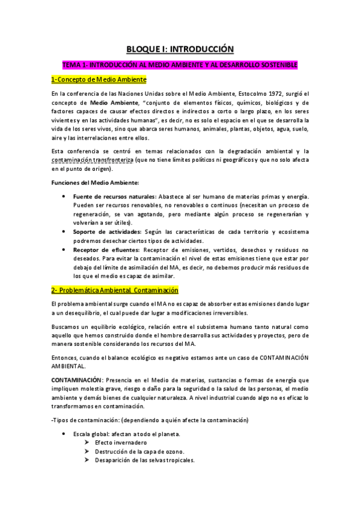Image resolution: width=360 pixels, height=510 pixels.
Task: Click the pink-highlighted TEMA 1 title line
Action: tap(180, 64)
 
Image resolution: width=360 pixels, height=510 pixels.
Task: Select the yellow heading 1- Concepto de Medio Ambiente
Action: tap(99, 79)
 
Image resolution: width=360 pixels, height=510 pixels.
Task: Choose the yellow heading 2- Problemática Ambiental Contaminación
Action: tap(119, 290)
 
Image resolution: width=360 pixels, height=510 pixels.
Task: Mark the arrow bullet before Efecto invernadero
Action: tap(88, 443)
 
